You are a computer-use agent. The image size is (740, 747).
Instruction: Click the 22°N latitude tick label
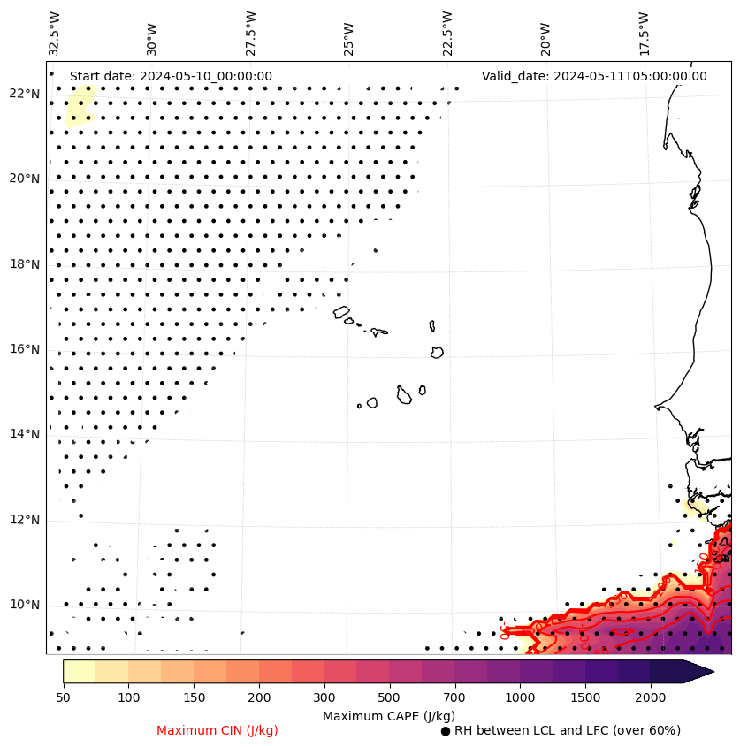coord(24,94)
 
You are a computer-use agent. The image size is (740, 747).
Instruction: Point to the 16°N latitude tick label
coord(24,349)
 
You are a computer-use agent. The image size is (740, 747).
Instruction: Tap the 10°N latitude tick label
coord(24,605)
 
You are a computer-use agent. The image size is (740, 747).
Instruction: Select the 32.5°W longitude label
coord(55,33)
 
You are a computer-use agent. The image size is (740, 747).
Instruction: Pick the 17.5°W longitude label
coord(644,33)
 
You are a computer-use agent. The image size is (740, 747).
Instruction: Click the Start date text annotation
coord(171,76)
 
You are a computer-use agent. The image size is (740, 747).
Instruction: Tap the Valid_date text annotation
coord(594,76)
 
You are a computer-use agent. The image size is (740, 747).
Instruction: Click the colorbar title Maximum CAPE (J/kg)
coord(389,715)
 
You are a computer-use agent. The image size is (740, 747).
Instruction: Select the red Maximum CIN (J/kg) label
coord(217,730)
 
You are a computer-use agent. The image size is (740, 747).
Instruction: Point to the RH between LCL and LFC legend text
coord(567,730)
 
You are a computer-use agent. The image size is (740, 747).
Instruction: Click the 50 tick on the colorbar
coord(63,698)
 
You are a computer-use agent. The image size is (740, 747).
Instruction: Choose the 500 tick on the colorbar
coord(389,698)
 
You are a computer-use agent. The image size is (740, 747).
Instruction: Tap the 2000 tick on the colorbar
coord(650,698)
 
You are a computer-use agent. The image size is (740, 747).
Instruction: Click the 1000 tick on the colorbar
coord(520,698)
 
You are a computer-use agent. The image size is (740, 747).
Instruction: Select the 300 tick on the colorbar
coord(324,698)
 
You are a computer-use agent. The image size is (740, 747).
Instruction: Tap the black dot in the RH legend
coord(446,731)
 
